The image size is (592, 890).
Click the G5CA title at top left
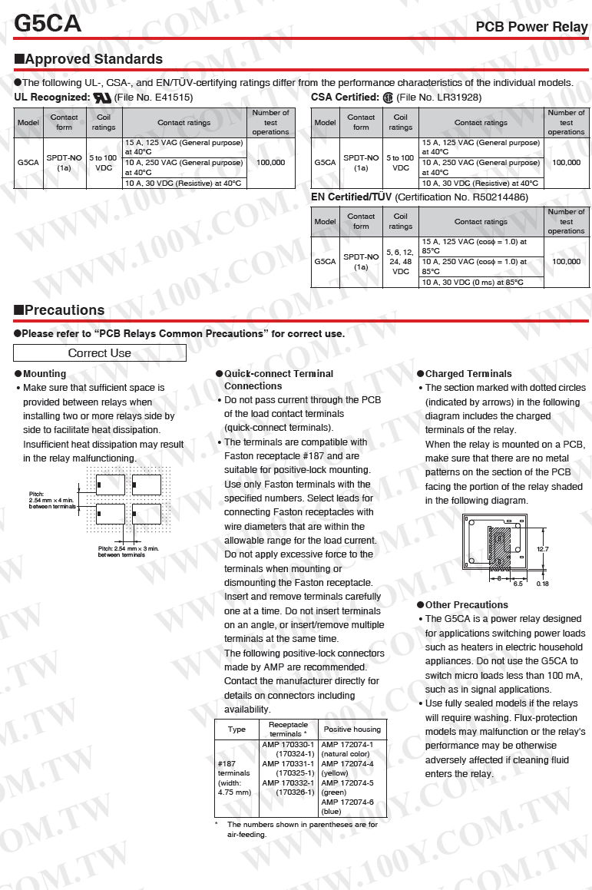coord(48,23)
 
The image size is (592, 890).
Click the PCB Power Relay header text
coord(531,27)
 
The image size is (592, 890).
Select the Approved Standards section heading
coord(88,59)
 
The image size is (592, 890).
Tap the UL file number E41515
coord(174,98)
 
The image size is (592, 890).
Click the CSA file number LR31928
coord(459,98)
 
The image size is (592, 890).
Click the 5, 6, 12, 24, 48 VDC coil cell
coord(400,262)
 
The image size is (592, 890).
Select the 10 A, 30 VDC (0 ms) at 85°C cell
coord(472,282)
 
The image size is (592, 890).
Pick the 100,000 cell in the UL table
coord(271,162)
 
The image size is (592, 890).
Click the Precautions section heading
coord(60,310)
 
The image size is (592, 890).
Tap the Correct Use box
coord(100,353)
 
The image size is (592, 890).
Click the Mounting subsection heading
coord(41,374)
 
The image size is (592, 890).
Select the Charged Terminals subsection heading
coord(465,374)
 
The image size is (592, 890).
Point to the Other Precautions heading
coord(462,605)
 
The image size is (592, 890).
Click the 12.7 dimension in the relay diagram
coord(543,550)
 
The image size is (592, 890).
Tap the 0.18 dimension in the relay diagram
coord(543,584)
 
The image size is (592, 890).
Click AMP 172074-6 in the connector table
coord(347,802)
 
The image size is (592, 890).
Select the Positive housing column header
coord(352,730)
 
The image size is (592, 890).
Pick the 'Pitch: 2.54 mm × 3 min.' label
coord(128,549)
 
